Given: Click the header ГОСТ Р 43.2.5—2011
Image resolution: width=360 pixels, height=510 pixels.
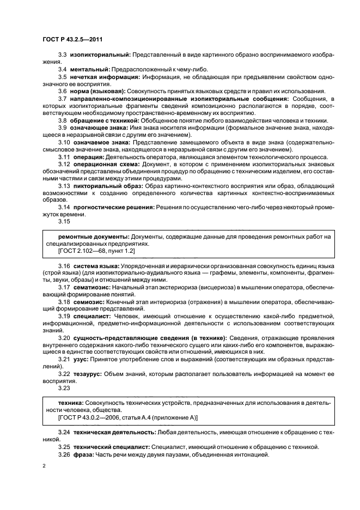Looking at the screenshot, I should [x=73, y=40].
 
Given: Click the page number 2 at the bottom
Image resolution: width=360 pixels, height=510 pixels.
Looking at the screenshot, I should [x=44, y=466].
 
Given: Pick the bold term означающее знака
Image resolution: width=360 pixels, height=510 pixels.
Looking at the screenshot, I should [x=96, y=127].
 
